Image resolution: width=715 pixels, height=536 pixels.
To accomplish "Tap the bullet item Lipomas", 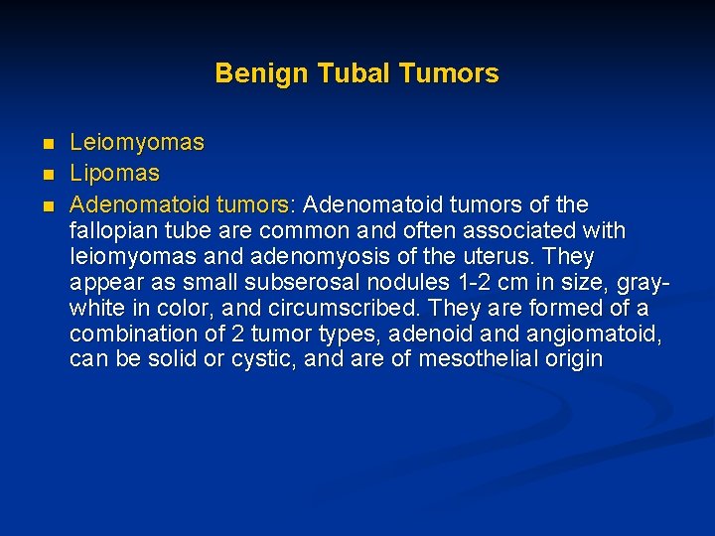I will (114, 174).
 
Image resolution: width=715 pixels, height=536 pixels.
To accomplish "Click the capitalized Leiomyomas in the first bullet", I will (136, 143).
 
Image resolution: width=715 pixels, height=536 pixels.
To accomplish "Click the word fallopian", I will (110, 231).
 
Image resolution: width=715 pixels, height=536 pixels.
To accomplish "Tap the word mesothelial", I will (476, 358).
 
